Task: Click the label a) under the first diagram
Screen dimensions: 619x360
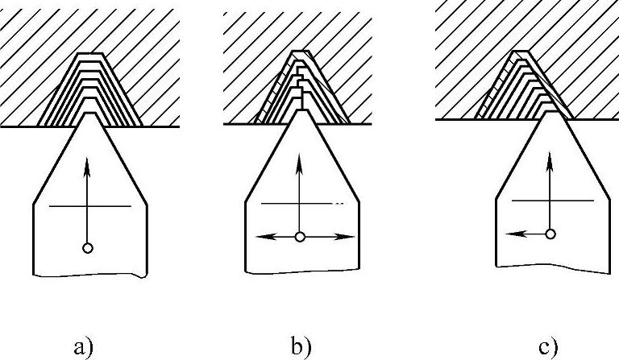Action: [83, 347]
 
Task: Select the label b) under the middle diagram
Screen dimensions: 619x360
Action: [300, 347]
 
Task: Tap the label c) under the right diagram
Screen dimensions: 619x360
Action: [549, 347]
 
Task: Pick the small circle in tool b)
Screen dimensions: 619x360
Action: [300, 237]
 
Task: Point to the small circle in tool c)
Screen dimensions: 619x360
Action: [550, 234]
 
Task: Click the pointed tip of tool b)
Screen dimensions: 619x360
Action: [300, 110]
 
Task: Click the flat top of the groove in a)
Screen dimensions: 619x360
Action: [90, 55]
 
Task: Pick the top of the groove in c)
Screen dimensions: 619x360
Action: [522, 52]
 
